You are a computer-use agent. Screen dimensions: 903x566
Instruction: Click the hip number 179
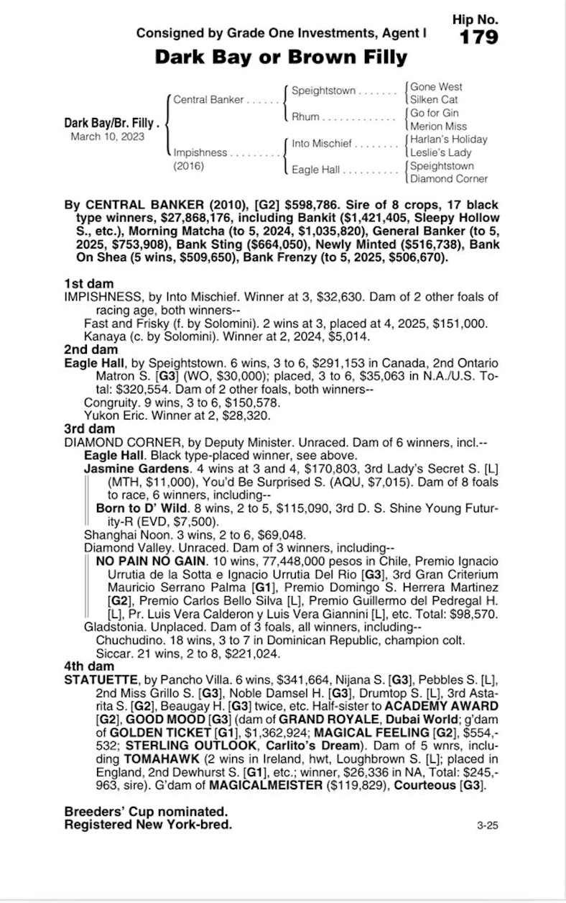[478, 37]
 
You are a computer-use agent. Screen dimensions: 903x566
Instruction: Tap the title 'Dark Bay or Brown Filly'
[281, 57]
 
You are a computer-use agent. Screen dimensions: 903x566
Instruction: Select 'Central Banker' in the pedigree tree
[208, 100]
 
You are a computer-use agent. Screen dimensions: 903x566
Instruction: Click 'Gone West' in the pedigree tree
[436, 87]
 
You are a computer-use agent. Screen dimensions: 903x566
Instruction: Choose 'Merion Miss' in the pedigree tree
[437, 127]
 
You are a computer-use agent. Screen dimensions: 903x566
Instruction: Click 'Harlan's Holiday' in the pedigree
[448, 139]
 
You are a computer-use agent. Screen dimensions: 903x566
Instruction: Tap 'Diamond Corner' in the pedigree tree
[448, 178]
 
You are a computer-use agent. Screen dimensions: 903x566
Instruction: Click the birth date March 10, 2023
[107, 136]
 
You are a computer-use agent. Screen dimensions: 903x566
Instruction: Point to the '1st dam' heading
[88, 284]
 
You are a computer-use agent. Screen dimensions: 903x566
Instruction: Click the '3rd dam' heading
[89, 428]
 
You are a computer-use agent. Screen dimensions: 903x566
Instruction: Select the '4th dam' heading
[89, 666]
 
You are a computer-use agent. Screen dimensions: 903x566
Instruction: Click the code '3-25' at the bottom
[487, 825]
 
